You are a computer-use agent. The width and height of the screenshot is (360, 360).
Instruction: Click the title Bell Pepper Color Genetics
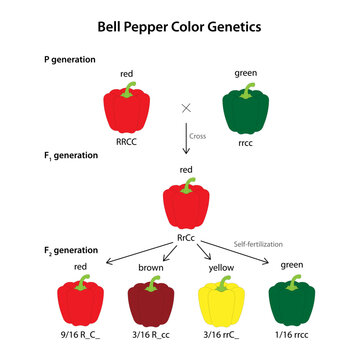[x=179, y=24]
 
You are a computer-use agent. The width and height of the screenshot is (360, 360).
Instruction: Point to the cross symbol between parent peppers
[x=185, y=106]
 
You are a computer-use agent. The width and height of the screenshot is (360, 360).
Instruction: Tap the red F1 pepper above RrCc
[x=185, y=202]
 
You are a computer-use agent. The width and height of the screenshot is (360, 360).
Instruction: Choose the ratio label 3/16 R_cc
[x=152, y=336]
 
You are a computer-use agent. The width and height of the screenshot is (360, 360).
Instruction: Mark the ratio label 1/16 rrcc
[x=295, y=336]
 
